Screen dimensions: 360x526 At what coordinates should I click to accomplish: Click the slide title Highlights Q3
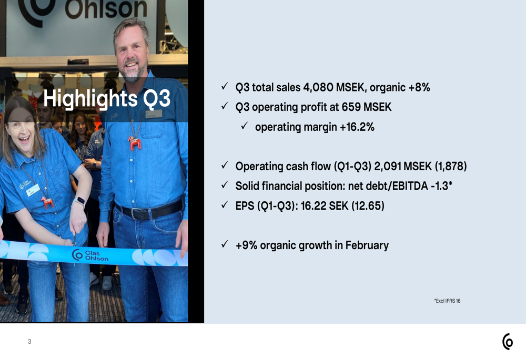107,99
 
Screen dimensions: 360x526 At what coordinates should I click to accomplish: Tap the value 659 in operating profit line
352,107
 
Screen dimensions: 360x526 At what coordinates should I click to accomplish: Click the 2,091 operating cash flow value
388,167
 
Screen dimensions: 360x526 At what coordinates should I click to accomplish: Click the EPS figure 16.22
313,206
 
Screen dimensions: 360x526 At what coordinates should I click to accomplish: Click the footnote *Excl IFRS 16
447,301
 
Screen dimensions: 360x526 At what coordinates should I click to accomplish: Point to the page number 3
29,342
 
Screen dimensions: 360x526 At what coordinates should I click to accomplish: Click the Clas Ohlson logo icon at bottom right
508,342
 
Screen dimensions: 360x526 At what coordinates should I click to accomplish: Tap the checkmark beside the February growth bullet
225,244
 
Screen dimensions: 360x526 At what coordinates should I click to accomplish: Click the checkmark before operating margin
245,126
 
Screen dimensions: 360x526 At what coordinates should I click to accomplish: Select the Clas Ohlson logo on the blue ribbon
90,255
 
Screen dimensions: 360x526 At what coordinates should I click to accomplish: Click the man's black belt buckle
140,213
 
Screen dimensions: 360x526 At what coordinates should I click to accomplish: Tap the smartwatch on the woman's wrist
80,201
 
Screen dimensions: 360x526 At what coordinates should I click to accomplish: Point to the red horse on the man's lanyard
135,142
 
